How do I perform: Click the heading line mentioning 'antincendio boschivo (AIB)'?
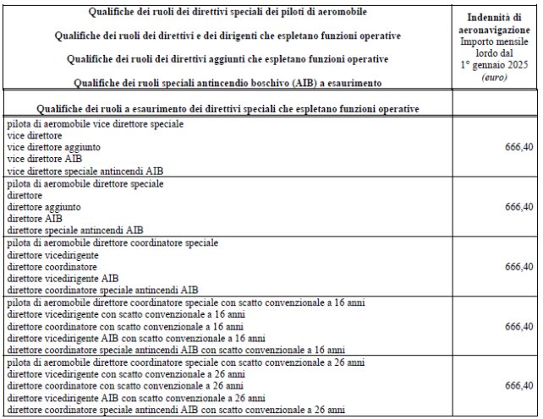pos(228,82)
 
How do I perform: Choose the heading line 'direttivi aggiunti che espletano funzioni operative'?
pos(228,59)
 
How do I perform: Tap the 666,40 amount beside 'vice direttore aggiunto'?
pos(518,147)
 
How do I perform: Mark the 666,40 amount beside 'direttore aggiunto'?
pos(518,207)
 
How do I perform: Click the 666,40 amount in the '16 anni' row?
pos(518,326)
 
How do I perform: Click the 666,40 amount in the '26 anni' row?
pos(518,386)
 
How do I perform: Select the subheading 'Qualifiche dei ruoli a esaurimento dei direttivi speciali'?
pos(228,109)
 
